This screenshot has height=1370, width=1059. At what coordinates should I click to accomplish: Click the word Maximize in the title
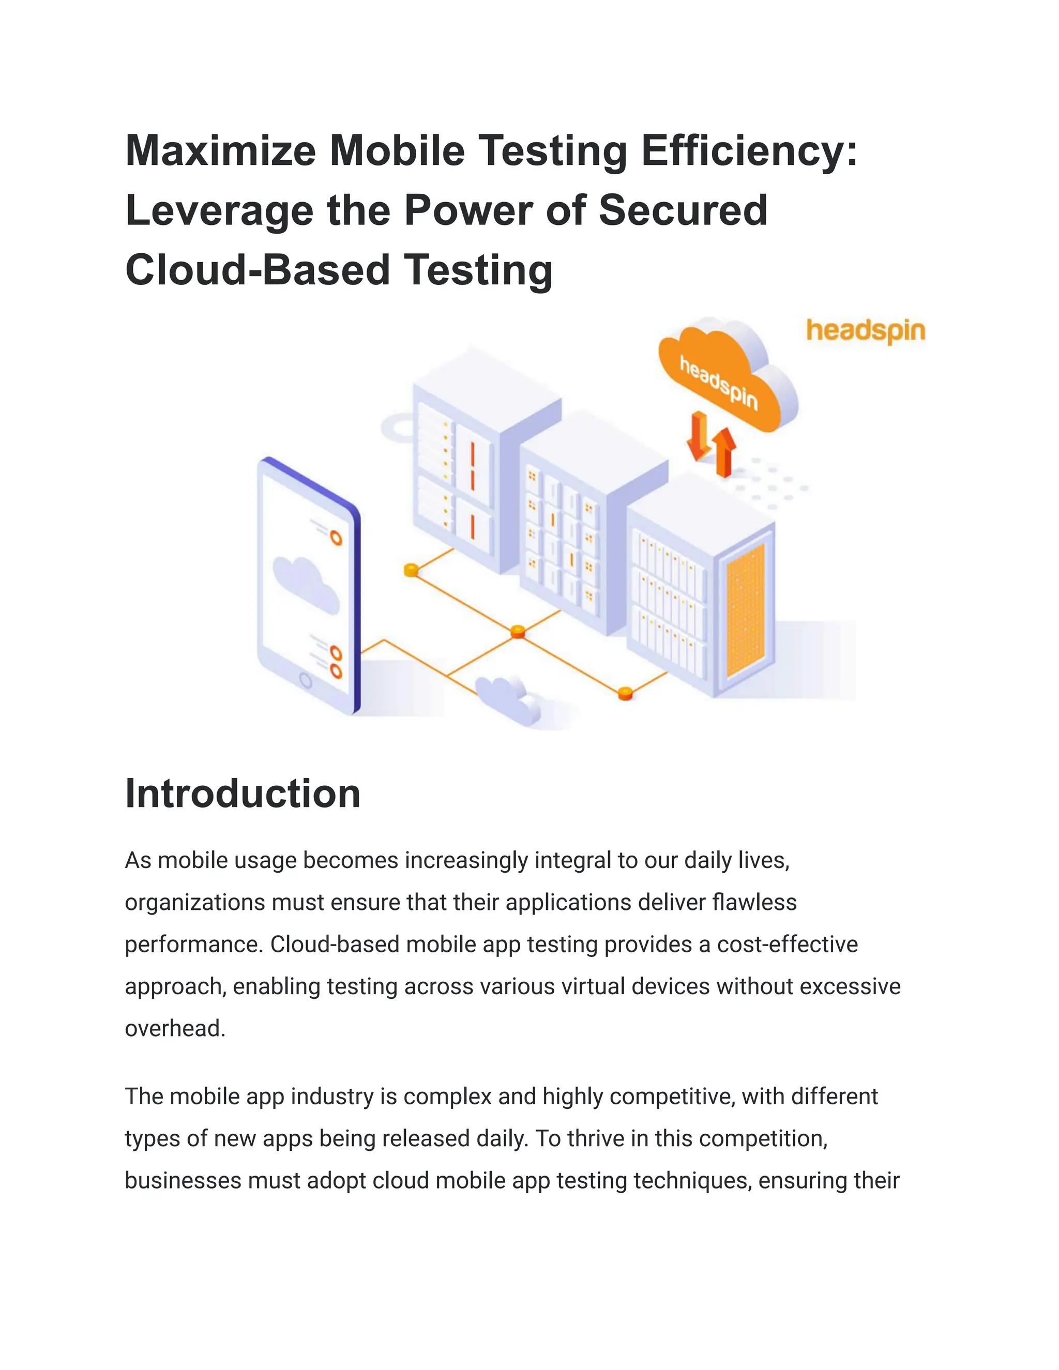tap(220, 150)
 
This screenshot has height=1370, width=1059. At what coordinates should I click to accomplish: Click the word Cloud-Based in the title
tap(257, 270)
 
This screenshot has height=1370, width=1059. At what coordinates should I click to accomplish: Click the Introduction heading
tap(243, 794)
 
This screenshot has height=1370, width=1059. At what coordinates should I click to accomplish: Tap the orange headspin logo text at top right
tap(865, 330)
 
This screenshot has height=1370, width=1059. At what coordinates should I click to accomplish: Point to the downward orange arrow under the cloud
tap(698, 435)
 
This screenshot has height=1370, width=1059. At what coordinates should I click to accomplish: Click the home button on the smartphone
tap(306, 680)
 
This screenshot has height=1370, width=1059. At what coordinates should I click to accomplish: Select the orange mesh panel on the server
tap(745, 611)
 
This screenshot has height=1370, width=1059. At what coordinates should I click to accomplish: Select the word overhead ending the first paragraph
tap(174, 1029)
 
